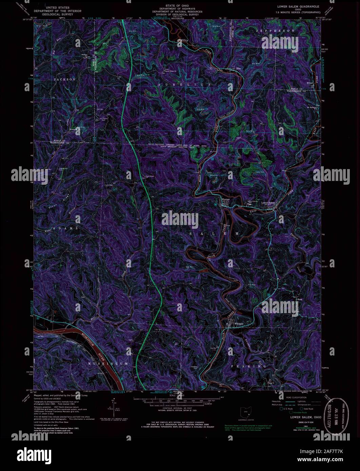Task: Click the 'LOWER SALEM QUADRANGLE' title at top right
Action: (296, 6)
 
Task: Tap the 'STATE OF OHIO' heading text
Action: (180, 6)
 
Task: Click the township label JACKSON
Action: (64, 79)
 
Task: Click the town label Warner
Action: (226, 200)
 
